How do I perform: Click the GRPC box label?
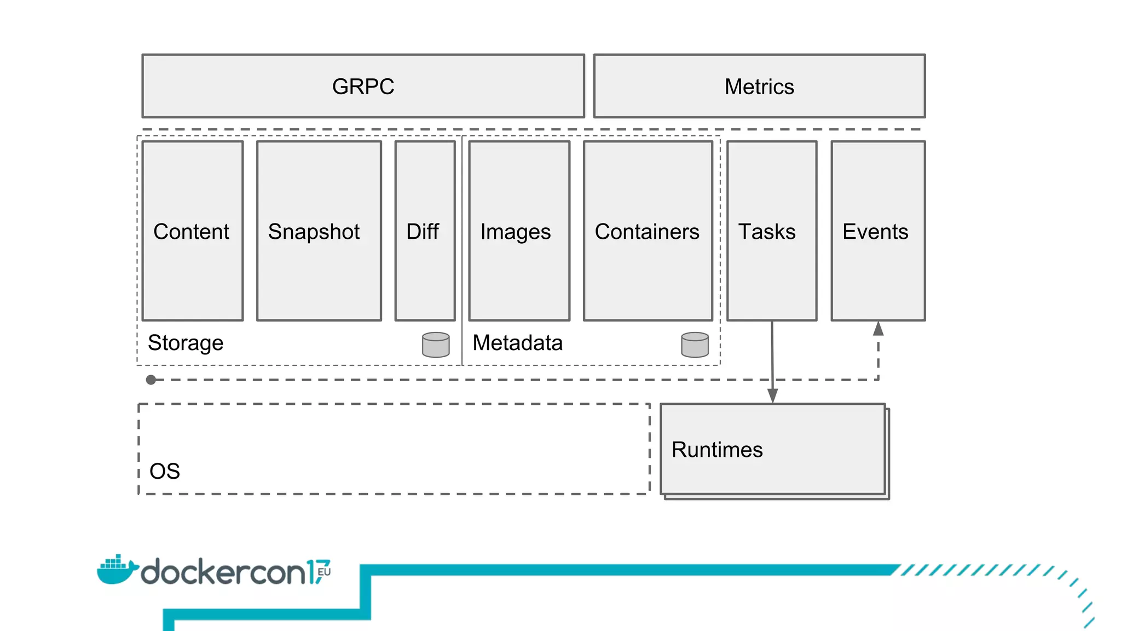point(363,87)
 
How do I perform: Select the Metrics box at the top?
point(759,87)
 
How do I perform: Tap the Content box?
point(192,231)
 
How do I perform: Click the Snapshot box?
point(319,231)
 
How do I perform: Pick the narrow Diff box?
point(425,231)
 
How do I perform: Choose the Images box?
point(519,231)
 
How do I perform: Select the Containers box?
point(648,231)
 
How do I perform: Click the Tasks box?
point(771,231)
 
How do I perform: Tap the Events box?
point(877,231)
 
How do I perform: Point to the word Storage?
point(186,343)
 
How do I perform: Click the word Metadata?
point(517,343)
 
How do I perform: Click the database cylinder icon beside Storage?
point(436,345)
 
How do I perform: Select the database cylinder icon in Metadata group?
point(695,345)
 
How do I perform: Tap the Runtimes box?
point(772,449)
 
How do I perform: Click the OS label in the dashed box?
point(164,471)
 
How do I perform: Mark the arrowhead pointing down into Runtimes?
point(772,396)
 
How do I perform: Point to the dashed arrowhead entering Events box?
point(878,329)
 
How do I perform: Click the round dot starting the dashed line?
point(151,380)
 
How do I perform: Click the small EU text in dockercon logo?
point(324,572)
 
